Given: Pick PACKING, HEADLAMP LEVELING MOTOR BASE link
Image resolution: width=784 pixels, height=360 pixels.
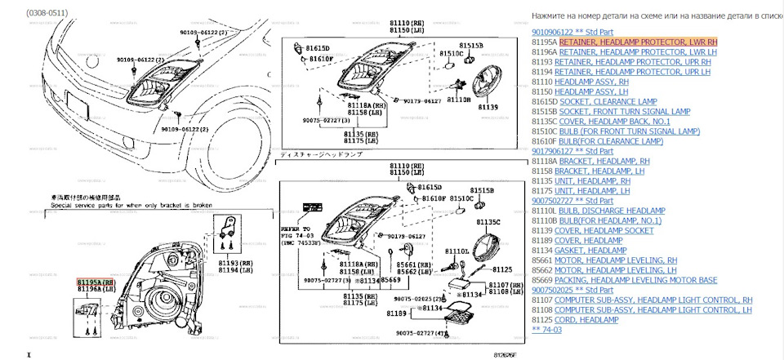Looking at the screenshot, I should pyautogui.click(x=635, y=280).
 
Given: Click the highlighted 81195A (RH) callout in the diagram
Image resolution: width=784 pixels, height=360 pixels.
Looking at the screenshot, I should pyautogui.click(x=96, y=281).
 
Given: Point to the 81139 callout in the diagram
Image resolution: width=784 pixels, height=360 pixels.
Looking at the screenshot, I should pyautogui.click(x=488, y=107).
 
